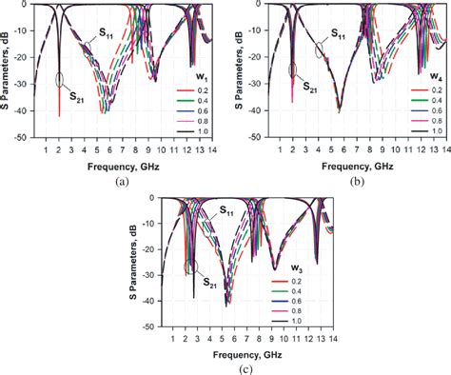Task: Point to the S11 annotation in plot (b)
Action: click(338, 33)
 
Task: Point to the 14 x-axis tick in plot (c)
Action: click(328, 338)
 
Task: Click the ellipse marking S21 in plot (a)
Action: click(61, 80)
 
